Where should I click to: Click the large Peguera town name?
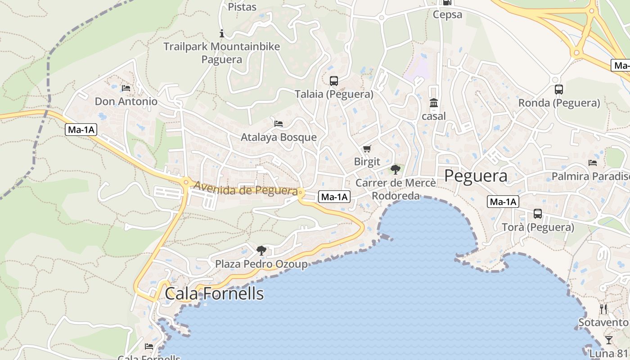pyautogui.click(x=476, y=176)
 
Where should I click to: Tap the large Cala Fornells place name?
pyautogui.click(x=214, y=293)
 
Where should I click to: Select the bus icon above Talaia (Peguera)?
pyautogui.click(x=333, y=81)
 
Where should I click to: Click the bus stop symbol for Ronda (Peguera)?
pyautogui.click(x=558, y=90)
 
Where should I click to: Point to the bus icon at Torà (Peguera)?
pyautogui.click(x=537, y=214)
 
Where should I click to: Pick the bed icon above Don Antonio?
pyautogui.click(x=126, y=88)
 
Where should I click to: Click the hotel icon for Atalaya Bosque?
pyautogui.click(x=279, y=124)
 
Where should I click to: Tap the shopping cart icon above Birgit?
pyautogui.click(x=367, y=148)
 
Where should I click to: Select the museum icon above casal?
pyautogui.click(x=434, y=103)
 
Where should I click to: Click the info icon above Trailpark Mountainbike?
pyautogui.click(x=221, y=33)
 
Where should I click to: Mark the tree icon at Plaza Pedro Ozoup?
pyautogui.click(x=261, y=250)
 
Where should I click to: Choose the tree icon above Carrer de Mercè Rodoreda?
pyautogui.click(x=396, y=170)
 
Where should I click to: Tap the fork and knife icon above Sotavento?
pyautogui.click(x=603, y=309)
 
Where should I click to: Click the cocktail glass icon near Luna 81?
pyautogui.click(x=608, y=340)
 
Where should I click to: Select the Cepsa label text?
pyautogui.click(x=447, y=15)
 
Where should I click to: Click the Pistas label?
pyautogui.click(x=242, y=7)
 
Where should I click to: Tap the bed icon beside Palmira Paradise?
pyautogui.click(x=593, y=163)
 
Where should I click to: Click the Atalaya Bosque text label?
pyautogui.click(x=279, y=137)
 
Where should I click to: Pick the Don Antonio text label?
pyautogui.click(x=126, y=102)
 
